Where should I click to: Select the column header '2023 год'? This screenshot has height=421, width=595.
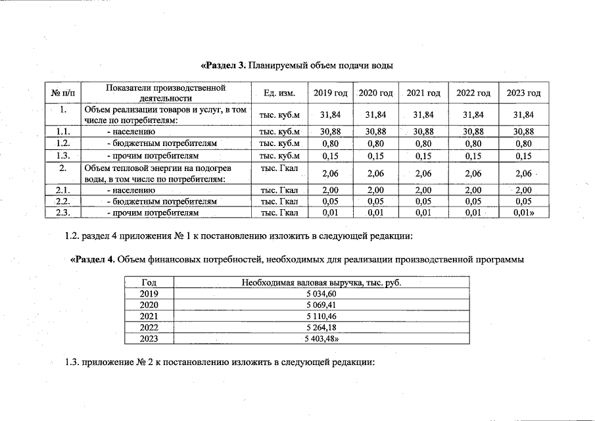click(523, 93)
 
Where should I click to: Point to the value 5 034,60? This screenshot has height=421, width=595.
click(321, 293)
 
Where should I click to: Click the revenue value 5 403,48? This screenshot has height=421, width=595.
click(321, 339)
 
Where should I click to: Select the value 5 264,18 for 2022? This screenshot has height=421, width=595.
click(321, 328)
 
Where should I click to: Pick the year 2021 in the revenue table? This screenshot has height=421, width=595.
click(150, 316)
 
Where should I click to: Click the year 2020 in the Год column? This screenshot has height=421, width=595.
click(150, 305)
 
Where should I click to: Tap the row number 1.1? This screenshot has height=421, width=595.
click(64, 132)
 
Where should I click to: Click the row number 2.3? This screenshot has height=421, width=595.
click(64, 212)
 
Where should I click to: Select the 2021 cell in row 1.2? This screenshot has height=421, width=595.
click(423, 143)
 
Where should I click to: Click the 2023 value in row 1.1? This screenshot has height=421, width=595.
click(523, 132)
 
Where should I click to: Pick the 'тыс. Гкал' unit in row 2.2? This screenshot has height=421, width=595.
click(279, 201)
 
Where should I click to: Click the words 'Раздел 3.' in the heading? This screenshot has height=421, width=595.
click(224, 65)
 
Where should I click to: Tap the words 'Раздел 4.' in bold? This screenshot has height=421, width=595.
click(93, 259)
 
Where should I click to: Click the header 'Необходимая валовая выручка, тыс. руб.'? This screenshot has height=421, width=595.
click(321, 282)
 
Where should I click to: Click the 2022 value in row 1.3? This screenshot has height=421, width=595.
click(473, 156)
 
